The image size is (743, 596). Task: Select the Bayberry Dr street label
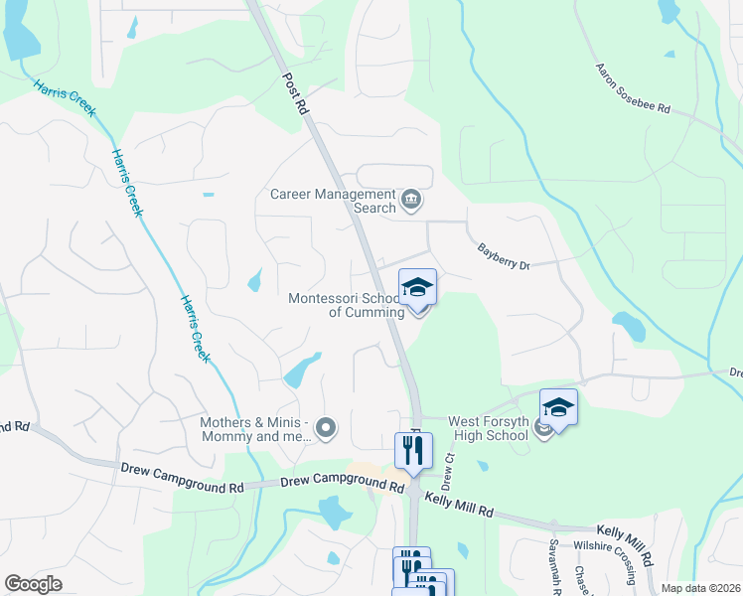coord(505,257)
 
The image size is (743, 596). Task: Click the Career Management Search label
coord(333,201)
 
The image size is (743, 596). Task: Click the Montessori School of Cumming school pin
coord(417,289)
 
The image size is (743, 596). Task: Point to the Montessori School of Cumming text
coord(346,305)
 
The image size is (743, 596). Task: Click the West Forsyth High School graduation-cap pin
coord(558,408)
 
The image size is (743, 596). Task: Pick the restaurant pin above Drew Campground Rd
coord(413,451)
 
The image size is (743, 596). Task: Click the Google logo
coord(33,584)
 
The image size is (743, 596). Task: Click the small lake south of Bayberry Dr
coord(628,324)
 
